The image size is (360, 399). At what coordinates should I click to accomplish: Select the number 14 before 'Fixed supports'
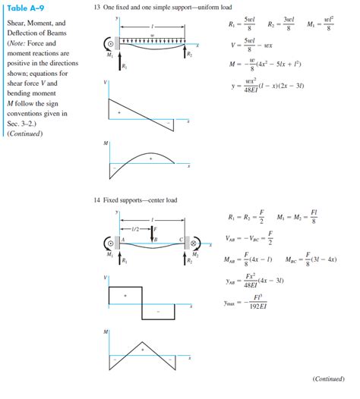[96, 200]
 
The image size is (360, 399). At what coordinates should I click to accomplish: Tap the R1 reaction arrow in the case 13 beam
[120, 66]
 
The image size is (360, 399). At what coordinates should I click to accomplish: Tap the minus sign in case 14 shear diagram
[157, 312]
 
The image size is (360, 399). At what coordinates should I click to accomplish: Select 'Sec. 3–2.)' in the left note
[21, 124]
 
